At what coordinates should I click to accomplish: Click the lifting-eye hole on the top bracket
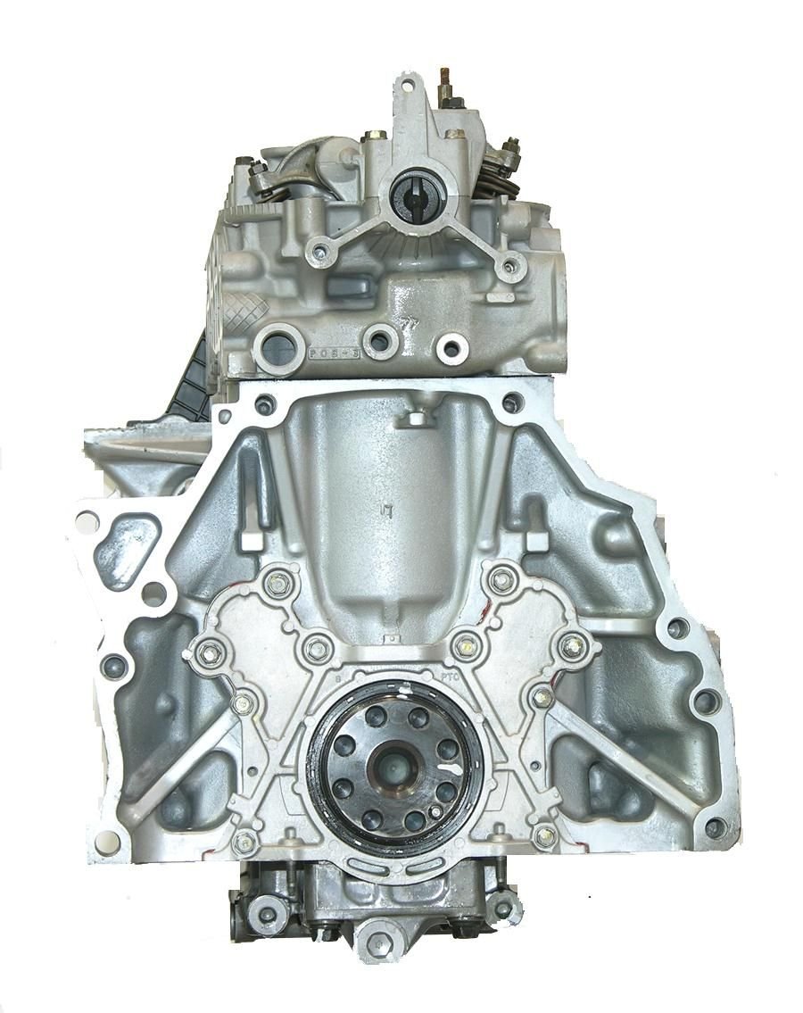[x=408, y=87]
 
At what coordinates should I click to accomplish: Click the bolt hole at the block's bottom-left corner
[x=106, y=838]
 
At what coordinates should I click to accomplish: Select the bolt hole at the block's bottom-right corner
[x=714, y=826]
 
